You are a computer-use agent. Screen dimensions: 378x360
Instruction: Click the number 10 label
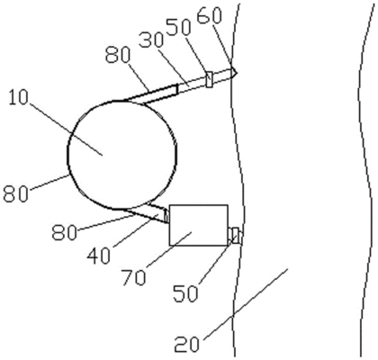(x=18, y=98)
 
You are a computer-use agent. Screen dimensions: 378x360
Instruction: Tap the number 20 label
(x=186, y=344)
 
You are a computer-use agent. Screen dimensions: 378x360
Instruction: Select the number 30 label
(x=151, y=40)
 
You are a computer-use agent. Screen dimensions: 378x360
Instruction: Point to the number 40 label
(x=99, y=256)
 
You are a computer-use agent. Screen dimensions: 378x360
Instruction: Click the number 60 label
(x=210, y=15)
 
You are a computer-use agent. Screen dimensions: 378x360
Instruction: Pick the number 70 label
(x=134, y=277)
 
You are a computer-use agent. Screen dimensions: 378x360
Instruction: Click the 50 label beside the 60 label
(x=179, y=28)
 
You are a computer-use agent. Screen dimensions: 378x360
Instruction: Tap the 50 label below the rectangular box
(x=185, y=292)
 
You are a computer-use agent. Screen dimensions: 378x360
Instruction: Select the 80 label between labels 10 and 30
(x=118, y=56)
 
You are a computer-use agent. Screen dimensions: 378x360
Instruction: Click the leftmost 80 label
(x=15, y=193)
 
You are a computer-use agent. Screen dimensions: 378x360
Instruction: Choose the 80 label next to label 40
(x=64, y=232)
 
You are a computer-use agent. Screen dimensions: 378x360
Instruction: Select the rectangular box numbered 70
(x=199, y=225)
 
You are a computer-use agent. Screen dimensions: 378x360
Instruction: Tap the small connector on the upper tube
(x=210, y=79)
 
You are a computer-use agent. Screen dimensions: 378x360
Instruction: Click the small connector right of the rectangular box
(x=235, y=236)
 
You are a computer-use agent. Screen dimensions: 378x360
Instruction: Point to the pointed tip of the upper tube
(x=237, y=72)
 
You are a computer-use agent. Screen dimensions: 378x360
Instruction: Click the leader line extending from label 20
(x=245, y=304)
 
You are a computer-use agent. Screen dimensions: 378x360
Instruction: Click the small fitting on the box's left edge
(x=166, y=216)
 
